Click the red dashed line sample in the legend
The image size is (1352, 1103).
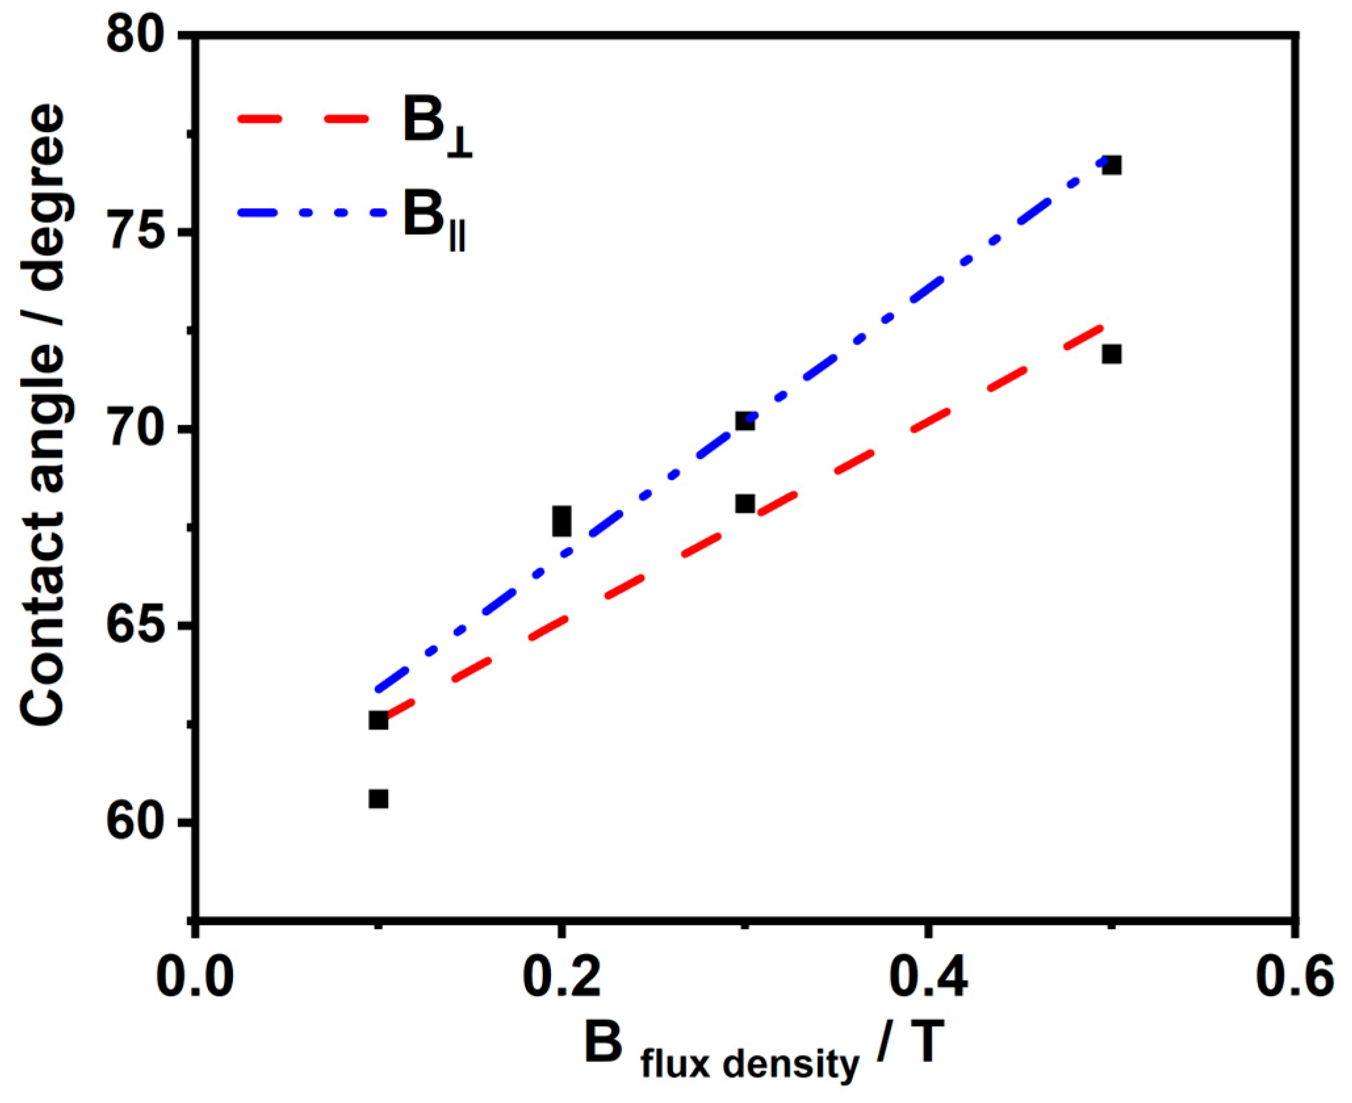[x=303, y=119]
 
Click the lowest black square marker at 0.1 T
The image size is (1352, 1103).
[x=378, y=799]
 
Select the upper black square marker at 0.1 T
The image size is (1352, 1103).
[x=378, y=720]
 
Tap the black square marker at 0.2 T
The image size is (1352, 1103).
[x=561, y=521]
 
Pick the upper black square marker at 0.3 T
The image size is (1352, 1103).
[x=745, y=421]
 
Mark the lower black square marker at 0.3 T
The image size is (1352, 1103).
[x=745, y=504]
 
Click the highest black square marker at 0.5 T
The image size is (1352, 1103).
[x=1111, y=165]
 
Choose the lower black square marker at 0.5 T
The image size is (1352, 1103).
[x=1111, y=355]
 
